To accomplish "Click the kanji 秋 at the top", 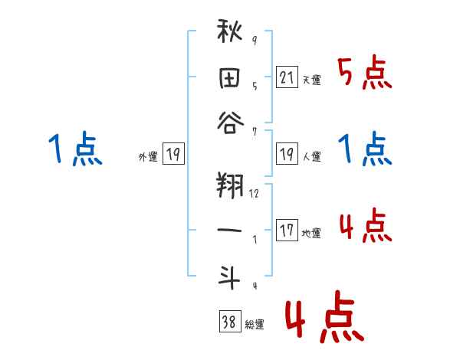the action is click(231, 35).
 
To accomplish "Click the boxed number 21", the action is click(287, 77).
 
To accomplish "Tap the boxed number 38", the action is click(229, 322).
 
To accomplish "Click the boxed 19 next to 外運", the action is click(173, 155).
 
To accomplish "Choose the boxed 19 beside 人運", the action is click(287, 155).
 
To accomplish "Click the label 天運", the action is click(312, 80).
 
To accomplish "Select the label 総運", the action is click(255, 325).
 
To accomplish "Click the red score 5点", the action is click(364, 74).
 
